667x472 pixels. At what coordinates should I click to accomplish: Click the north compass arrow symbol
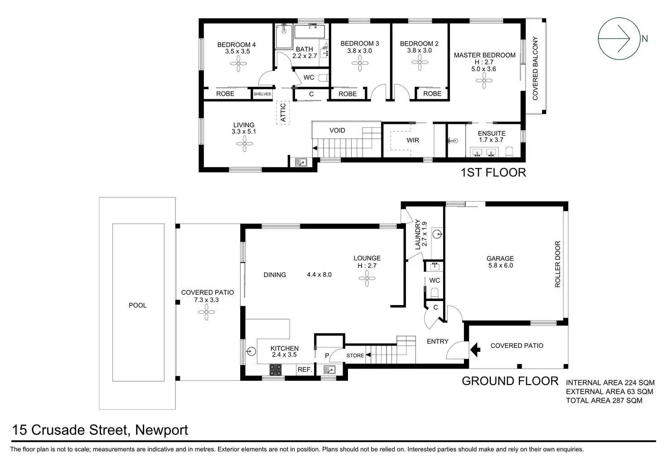[619, 39]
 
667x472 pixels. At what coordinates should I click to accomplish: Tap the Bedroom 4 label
[236, 44]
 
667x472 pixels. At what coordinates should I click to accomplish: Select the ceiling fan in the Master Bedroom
[484, 82]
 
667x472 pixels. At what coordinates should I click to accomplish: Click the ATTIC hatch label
[283, 112]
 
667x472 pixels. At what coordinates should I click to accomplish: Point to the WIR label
[412, 140]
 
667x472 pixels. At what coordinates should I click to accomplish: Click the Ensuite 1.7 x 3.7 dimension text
[491, 140]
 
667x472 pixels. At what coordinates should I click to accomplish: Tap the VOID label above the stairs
[337, 130]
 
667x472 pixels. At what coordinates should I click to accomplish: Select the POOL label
[138, 305]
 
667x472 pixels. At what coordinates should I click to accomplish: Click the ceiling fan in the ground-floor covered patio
[207, 311]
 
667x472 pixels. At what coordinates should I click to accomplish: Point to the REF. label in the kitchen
[305, 370]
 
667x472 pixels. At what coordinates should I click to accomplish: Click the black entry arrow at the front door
[475, 350]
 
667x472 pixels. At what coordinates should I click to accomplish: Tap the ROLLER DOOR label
[558, 264]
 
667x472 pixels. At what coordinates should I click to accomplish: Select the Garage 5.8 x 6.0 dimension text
[500, 266]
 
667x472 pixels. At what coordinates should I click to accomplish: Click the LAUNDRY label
[418, 234]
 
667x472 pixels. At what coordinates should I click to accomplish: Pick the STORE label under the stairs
[355, 355]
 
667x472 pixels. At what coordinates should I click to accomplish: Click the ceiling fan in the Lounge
[367, 281]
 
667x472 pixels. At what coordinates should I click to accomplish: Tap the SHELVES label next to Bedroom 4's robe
[262, 94]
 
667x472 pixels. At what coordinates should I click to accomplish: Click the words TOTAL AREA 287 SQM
[604, 400]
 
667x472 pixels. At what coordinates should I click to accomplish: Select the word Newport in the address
[161, 430]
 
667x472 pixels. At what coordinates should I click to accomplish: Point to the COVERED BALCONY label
[535, 68]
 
